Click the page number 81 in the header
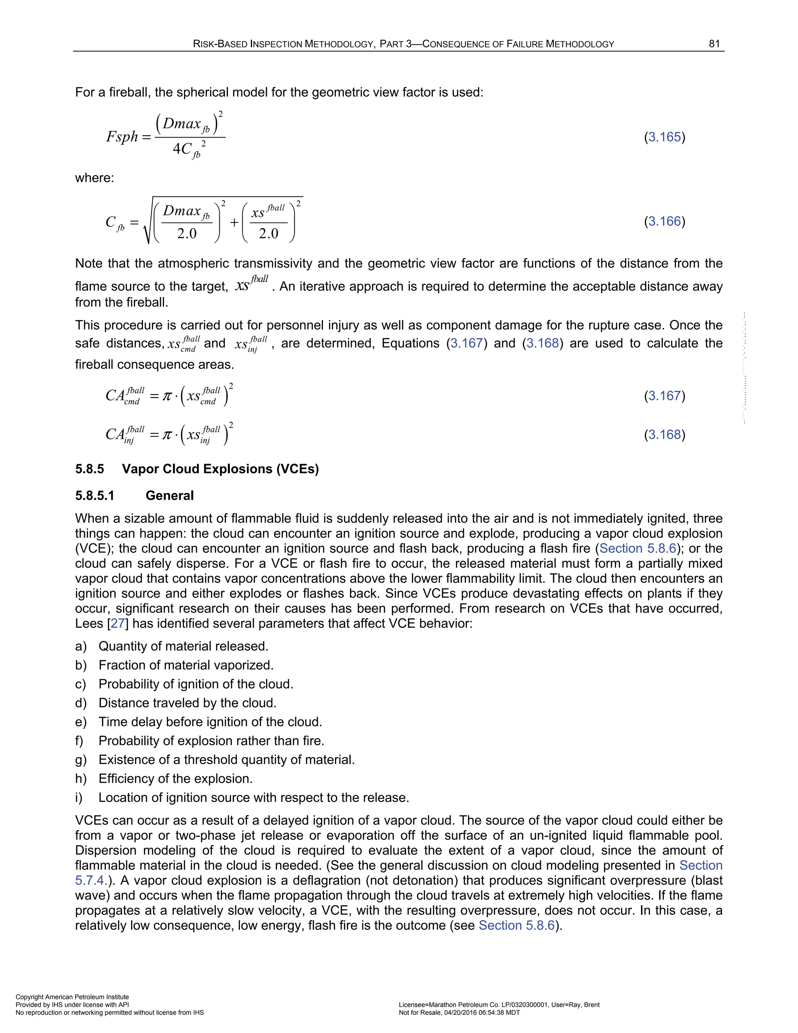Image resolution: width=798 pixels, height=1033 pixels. click(x=714, y=44)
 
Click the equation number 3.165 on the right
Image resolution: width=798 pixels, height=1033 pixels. click(x=664, y=137)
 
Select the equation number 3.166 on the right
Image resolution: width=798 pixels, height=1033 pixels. click(x=664, y=221)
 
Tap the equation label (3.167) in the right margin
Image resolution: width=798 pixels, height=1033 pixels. click(x=664, y=396)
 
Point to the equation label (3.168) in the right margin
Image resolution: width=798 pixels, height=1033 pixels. click(x=664, y=435)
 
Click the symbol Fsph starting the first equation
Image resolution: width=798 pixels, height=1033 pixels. click(x=122, y=137)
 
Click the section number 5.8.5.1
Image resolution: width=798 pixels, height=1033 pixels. click(x=95, y=496)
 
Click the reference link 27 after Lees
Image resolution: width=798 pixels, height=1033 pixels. click(x=118, y=623)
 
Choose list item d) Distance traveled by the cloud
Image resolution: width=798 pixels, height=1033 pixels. click(x=187, y=703)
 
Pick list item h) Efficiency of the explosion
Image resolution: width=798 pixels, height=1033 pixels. click(x=175, y=779)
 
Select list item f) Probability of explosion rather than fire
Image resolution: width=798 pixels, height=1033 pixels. click(x=211, y=741)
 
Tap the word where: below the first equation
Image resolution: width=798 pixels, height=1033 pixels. click(x=95, y=178)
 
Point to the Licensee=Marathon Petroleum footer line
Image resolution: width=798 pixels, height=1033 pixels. click(x=499, y=1005)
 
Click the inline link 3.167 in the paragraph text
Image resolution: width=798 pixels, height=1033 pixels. click(x=466, y=343)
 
